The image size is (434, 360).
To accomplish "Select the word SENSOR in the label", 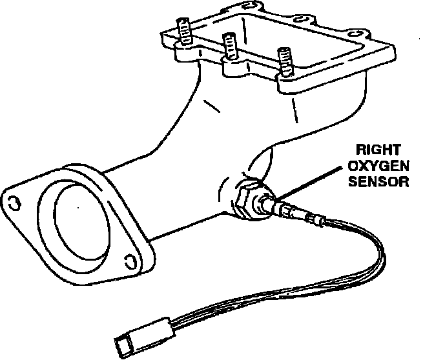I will tap(378, 181).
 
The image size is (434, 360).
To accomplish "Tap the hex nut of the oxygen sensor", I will tap(247, 199).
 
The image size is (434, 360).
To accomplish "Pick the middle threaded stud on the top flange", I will tap(229, 47).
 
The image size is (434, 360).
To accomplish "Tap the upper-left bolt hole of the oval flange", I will tap(12, 201).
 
